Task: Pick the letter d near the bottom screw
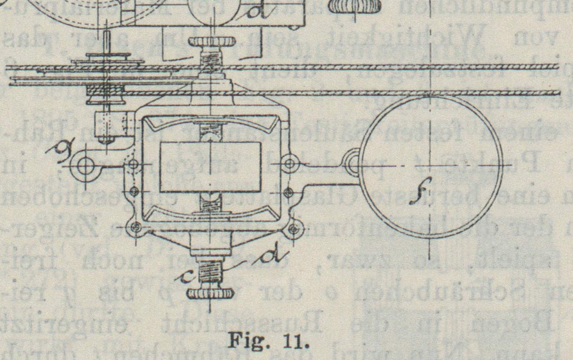coord(271,256)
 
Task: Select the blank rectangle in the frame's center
coord(210,167)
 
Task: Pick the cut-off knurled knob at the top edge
coord(355,6)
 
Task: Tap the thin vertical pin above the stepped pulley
coord(107,43)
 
